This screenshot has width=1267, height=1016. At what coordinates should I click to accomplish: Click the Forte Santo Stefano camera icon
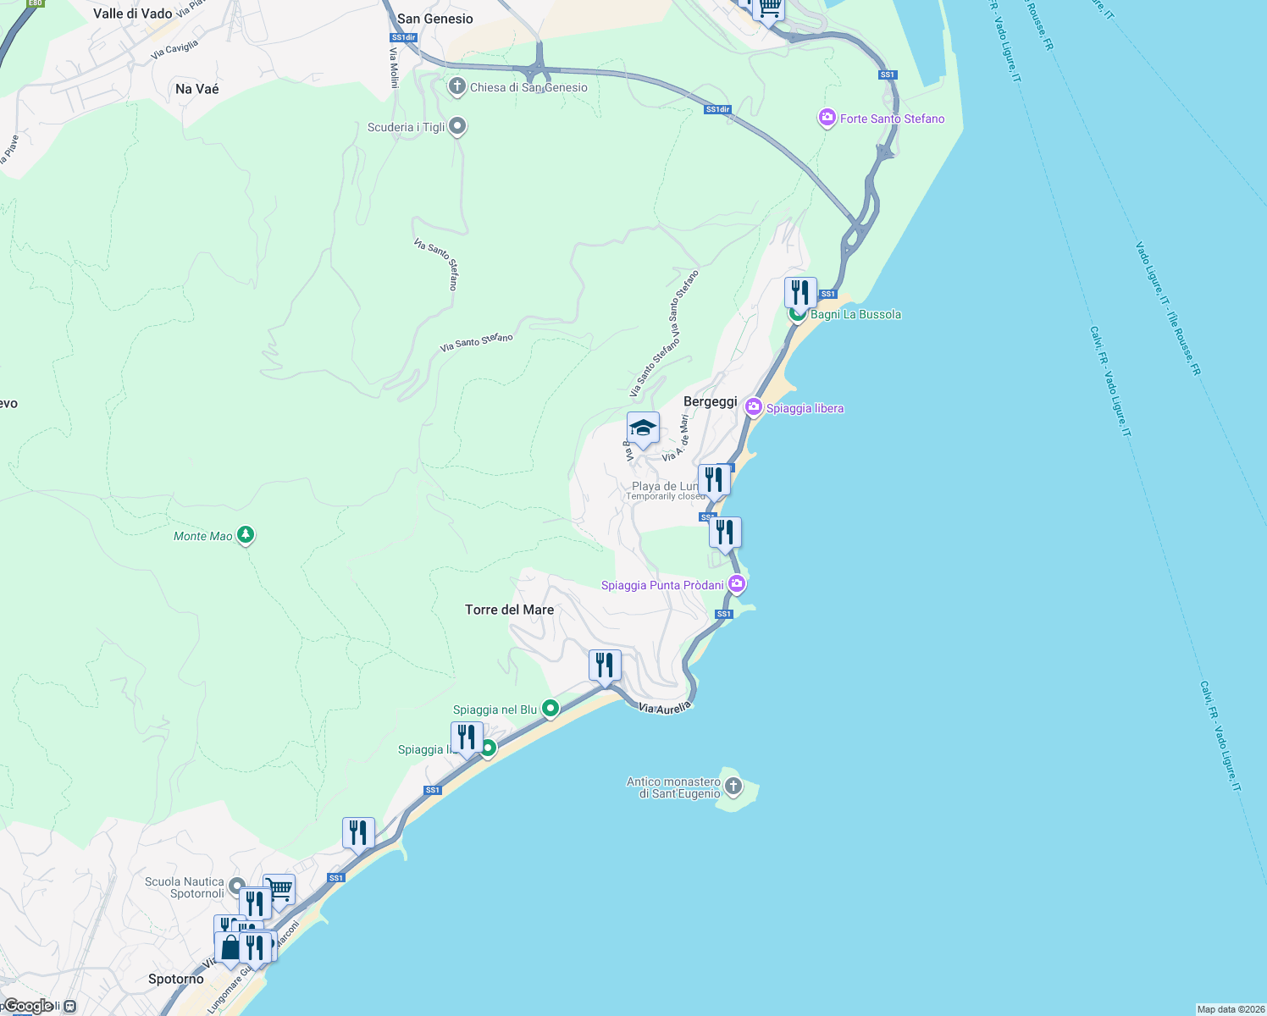(827, 119)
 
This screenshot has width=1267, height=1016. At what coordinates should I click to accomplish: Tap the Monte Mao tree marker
(246, 535)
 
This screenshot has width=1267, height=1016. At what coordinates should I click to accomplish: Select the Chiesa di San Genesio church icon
(457, 86)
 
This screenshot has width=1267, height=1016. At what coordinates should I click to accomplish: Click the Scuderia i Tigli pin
(457, 127)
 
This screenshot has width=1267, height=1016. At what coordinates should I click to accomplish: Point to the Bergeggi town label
(710, 401)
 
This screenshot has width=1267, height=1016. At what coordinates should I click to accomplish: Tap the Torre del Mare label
(509, 610)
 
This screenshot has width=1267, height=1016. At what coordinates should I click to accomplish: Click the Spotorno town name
(176, 979)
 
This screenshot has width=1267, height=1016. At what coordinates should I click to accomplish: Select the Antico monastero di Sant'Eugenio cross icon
(733, 787)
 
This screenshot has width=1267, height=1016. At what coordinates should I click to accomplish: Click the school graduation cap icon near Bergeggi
(643, 428)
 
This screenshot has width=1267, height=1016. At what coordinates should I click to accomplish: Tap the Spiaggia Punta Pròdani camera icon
(737, 583)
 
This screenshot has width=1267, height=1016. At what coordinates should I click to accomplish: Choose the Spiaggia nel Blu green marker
(551, 708)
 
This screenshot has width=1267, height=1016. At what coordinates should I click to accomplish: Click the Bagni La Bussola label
(855, 314)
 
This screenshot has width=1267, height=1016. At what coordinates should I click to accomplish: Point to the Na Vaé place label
(197, 89)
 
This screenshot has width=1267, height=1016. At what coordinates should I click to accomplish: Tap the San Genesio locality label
(435, 19)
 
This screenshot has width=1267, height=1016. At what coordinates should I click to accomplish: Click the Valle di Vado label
(133, 14)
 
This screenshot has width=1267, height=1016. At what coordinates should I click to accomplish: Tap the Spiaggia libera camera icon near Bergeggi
(753, 407)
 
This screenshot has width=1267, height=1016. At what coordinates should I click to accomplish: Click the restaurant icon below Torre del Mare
(605, 665)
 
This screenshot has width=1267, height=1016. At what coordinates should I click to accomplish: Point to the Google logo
(29, 1006)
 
